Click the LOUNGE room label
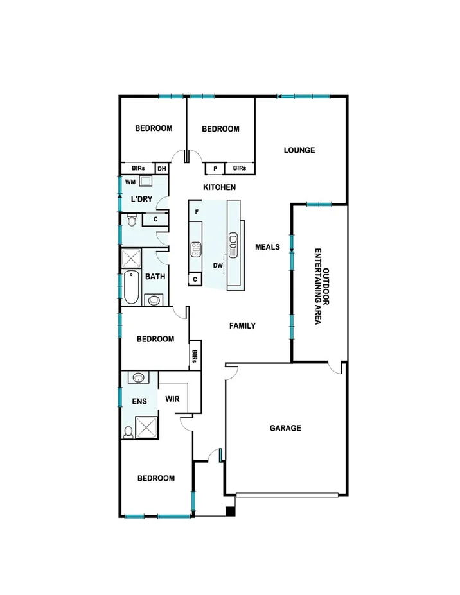[x=299, y=151]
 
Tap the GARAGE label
[x=285, y=428]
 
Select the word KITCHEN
[x=220, y=187]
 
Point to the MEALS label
[x=267, y=246]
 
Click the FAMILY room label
[x=243, y=326]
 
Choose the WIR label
[x=172, y=399]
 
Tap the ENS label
[x=139, y=402]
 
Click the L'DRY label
[x=141, y=199]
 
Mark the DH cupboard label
[x=161, y=169]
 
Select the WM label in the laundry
[x=130, y=182]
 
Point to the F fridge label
[x=197, y=211]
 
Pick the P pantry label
[x=215, y=169]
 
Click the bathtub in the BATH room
[x=132, y=289]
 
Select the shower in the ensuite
[x=146, y=427]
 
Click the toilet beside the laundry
[x=131, y=221]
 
